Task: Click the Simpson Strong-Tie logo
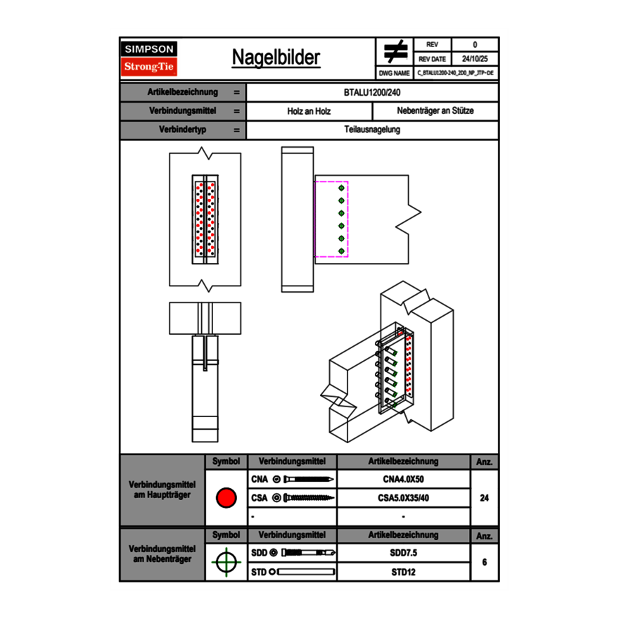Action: pyautogui.click(x=150, y=58)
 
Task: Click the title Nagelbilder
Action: pyautogui.click(x=276, y=58)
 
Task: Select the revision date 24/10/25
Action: pyautogui.click(x=474, y=59)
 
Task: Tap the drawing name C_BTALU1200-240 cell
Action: pyautogui.click(x=455, y=72)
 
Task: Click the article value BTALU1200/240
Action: pyautogui.click(x=372, y=92)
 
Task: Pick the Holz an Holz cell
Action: pyautogui.click(x=309, y=111)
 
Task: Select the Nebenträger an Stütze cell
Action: pyautogui.click(x=435, y=111)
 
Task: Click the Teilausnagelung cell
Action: pyautogui.click(x=372, y=130)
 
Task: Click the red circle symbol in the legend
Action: pyautogui.click(x=226, y=498)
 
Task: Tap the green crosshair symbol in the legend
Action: pyautogui.click(x=226, y=562)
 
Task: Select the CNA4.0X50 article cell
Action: pyautogui.click(x=403, y=480)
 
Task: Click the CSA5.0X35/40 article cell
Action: pyautogui.click(x=403, y=498)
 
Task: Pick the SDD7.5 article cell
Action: pyautogui.click(x=403, y=553)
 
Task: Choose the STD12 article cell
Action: pyautogui.click(x=403, y=572)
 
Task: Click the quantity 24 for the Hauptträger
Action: pyautogui.click(x=484, y=498)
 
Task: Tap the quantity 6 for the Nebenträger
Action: pyautogui.click(x=484, y=562)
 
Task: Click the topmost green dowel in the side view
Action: pyautogui.click(x=341, y=189)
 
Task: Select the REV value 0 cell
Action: pyautogui.click(x=474, y=44)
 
